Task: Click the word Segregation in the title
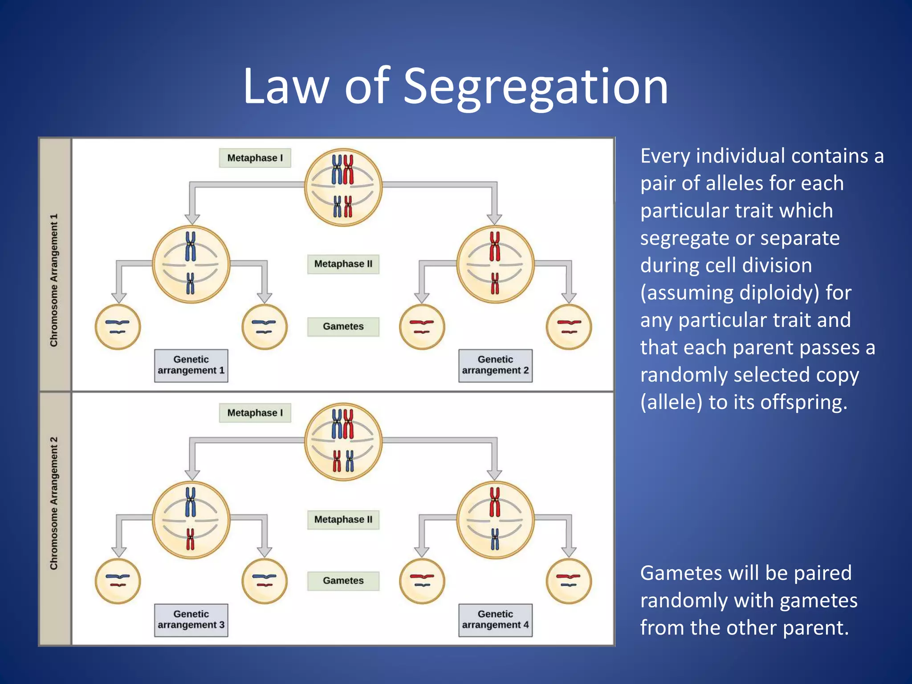535,87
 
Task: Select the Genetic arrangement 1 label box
191,365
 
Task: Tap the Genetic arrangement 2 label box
495,365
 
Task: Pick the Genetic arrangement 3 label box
191,619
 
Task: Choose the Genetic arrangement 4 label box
495,619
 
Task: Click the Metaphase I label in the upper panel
255,158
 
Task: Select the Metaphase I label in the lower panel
255,413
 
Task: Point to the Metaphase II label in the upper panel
343,264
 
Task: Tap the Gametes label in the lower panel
343,581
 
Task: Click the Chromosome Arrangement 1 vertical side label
54,281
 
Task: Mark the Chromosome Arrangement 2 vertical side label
54,503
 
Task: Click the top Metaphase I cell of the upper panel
343,187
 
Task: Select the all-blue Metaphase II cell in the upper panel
191,264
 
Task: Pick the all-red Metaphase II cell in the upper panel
495,264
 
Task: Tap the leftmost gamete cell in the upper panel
118,327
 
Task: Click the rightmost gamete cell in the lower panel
569,581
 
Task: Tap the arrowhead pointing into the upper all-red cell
494,219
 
